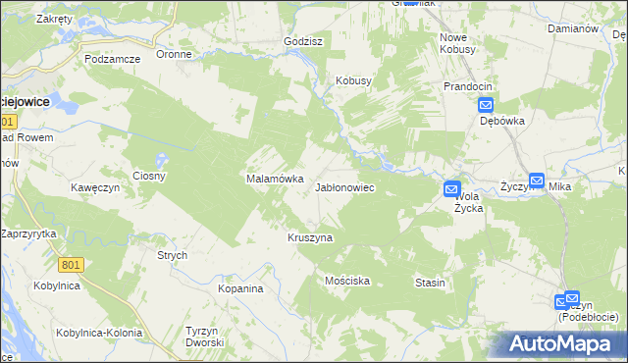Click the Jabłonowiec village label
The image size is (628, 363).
343,186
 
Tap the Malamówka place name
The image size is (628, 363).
267,180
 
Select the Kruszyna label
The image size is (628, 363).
310,238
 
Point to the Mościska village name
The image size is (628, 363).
347,281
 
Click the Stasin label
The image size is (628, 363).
430,283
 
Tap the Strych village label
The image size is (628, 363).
172,255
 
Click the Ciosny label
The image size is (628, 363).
150,177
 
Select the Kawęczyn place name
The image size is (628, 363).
94,186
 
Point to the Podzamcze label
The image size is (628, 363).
112,59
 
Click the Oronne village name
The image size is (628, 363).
174,55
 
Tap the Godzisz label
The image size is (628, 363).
303,42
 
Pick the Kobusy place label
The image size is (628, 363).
353,80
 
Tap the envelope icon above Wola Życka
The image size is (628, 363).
451,188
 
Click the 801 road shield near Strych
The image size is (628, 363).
71,265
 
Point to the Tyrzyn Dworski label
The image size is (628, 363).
205,337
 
